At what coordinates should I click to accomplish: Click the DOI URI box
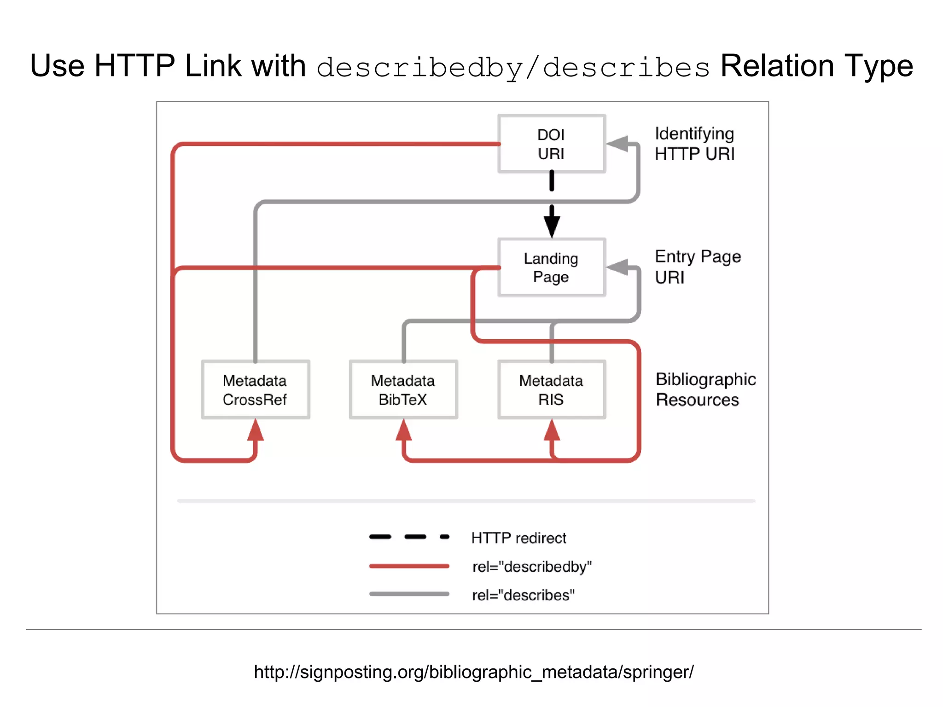click(551, 144)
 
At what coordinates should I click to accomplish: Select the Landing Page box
click(551, 267)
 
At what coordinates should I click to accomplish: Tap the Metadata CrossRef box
click(255, 389)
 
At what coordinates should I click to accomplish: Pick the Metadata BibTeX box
click(403, 389)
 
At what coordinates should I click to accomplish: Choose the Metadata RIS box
click(551, 389)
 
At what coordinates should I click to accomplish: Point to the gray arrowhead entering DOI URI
click(618, 143)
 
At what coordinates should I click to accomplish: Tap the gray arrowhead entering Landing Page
click(618, 267)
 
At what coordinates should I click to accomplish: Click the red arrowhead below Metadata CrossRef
click(256, 431)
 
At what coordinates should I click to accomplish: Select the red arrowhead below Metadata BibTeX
click(404, 431)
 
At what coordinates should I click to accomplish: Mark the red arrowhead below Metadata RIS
click(552, 431)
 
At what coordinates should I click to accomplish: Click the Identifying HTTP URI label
click(694, 144)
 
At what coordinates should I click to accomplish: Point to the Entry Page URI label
click(697, 267)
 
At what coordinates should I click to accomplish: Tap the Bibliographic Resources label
click(705, 389)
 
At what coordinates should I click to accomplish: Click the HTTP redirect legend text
click(518, 538)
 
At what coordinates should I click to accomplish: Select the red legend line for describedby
click(409, 566)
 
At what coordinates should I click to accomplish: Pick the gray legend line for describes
click(409, 594)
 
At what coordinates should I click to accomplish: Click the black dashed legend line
click(409, 537)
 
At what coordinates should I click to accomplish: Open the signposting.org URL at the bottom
click(473, 672)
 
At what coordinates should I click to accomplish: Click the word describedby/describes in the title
click(513, 67)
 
